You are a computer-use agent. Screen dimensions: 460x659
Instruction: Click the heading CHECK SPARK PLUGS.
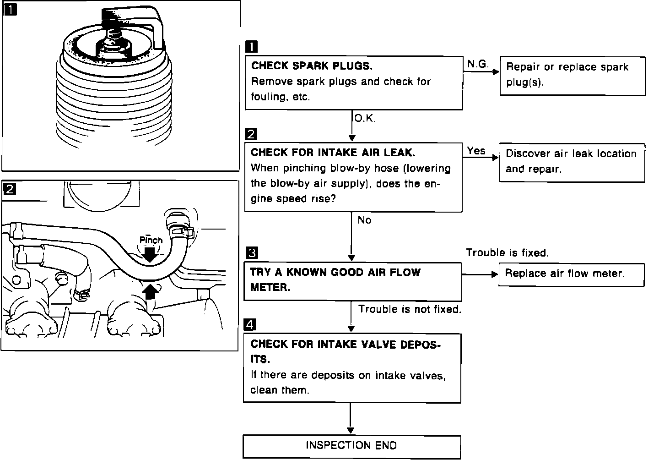pos(312,66)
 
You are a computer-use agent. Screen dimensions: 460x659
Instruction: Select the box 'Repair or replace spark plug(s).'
pos(572,76)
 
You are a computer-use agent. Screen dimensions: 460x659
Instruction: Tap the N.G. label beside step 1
pos(478,65)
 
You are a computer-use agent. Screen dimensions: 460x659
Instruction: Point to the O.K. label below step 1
pos(365,119)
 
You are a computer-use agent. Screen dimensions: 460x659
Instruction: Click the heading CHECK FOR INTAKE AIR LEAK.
pos(333,153)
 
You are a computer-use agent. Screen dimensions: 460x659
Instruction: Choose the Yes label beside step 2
pos(476,151)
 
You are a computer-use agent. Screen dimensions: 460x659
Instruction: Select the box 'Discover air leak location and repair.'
pos(572,162)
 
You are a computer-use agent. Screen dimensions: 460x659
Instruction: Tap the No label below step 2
pos(364,220)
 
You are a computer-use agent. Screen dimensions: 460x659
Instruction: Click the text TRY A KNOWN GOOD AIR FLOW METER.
pos(335,280)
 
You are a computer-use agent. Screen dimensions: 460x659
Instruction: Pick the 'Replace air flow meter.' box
pos(571,274)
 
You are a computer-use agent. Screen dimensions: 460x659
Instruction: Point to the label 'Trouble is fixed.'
pos(507,253)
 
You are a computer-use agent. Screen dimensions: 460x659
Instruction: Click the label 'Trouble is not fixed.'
pos(410,309)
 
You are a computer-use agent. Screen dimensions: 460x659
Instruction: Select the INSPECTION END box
pos(351,446)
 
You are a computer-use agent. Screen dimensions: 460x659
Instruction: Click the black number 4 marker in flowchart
pos(250,325)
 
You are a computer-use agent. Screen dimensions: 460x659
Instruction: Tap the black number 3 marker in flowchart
pos(252,253)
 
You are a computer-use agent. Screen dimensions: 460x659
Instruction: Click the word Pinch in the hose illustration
pos(151,240)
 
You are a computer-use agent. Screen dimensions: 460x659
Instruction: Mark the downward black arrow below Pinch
pos(150,253)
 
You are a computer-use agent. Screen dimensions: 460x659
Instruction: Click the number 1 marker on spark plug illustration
pos(10,9)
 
